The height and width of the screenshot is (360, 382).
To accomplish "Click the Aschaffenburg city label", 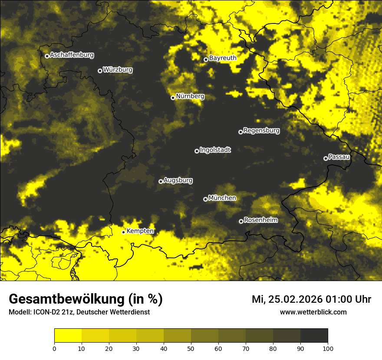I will (x=72, y=55).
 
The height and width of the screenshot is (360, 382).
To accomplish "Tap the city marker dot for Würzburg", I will (x=100, y=71).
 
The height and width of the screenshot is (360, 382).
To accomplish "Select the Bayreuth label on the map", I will (x=223, y=58).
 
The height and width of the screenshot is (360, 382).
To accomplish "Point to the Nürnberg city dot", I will (x=173, y=98).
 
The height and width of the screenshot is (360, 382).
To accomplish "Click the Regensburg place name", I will (x=261, y=131).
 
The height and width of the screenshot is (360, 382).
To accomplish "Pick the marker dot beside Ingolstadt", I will (x=197, y=151).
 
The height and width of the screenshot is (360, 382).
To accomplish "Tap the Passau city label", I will (x=339, y=157).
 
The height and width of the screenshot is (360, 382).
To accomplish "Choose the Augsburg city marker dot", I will (x=161, y=181).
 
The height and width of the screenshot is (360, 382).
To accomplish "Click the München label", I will (x=222, y=198).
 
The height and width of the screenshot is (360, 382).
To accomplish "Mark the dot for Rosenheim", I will (x=241, y=221).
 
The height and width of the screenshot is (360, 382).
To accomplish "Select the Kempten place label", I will (x=140, y=231).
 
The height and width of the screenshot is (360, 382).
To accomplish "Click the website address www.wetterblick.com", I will (x=313, y=312).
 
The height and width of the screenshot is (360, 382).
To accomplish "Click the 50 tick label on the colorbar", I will (x=191, y=348).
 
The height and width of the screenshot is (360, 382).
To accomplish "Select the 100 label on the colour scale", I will (x=328, y=348).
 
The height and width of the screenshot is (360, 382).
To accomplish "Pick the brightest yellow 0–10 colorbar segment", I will (x=68, y=336).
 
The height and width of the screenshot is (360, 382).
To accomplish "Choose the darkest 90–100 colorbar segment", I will (x=314, y=336).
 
